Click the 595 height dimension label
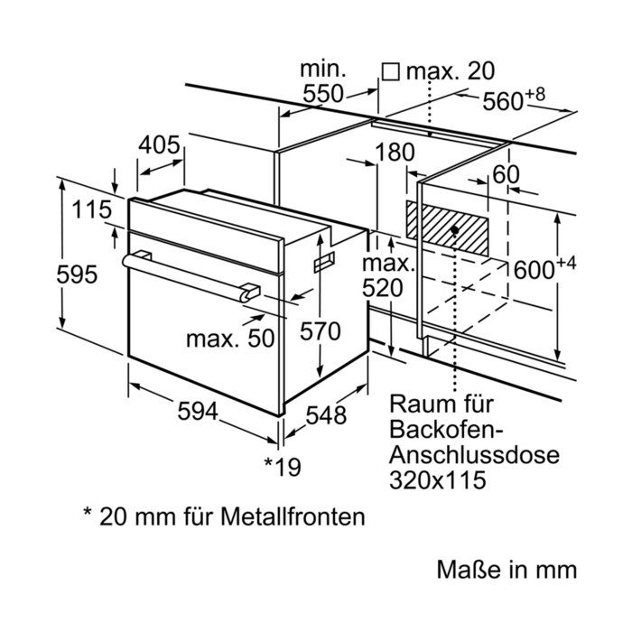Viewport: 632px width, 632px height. [x=77, y=274]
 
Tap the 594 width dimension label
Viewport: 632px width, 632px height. [x=198, y=412]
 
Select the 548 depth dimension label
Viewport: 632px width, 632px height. [x=326, y=414]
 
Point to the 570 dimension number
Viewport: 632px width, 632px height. [x=320, y=331]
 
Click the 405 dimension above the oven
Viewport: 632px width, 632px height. [x=159, y=144]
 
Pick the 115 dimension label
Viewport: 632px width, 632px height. [x=92, y=209]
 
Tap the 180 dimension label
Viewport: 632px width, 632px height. [x=395, y=153]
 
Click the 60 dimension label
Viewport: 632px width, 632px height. [x=506, y=175]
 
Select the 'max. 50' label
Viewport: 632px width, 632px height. [x=230, y=339]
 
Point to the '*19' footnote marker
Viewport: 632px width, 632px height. [x=283, y=467]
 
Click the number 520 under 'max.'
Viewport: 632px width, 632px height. [x=383, y=288]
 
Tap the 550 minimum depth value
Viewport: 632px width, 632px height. [x=323, y=94]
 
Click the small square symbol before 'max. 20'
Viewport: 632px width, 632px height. [x=391, y=72]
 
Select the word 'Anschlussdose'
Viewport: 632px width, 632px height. [x=474, y=455]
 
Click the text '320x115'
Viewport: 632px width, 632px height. [x=437, y=480]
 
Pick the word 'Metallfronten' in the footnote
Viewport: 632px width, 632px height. [x=293, y=516]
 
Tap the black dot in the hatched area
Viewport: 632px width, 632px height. [x=455, y=229]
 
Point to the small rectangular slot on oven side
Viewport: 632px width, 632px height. [x=324, y=263]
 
